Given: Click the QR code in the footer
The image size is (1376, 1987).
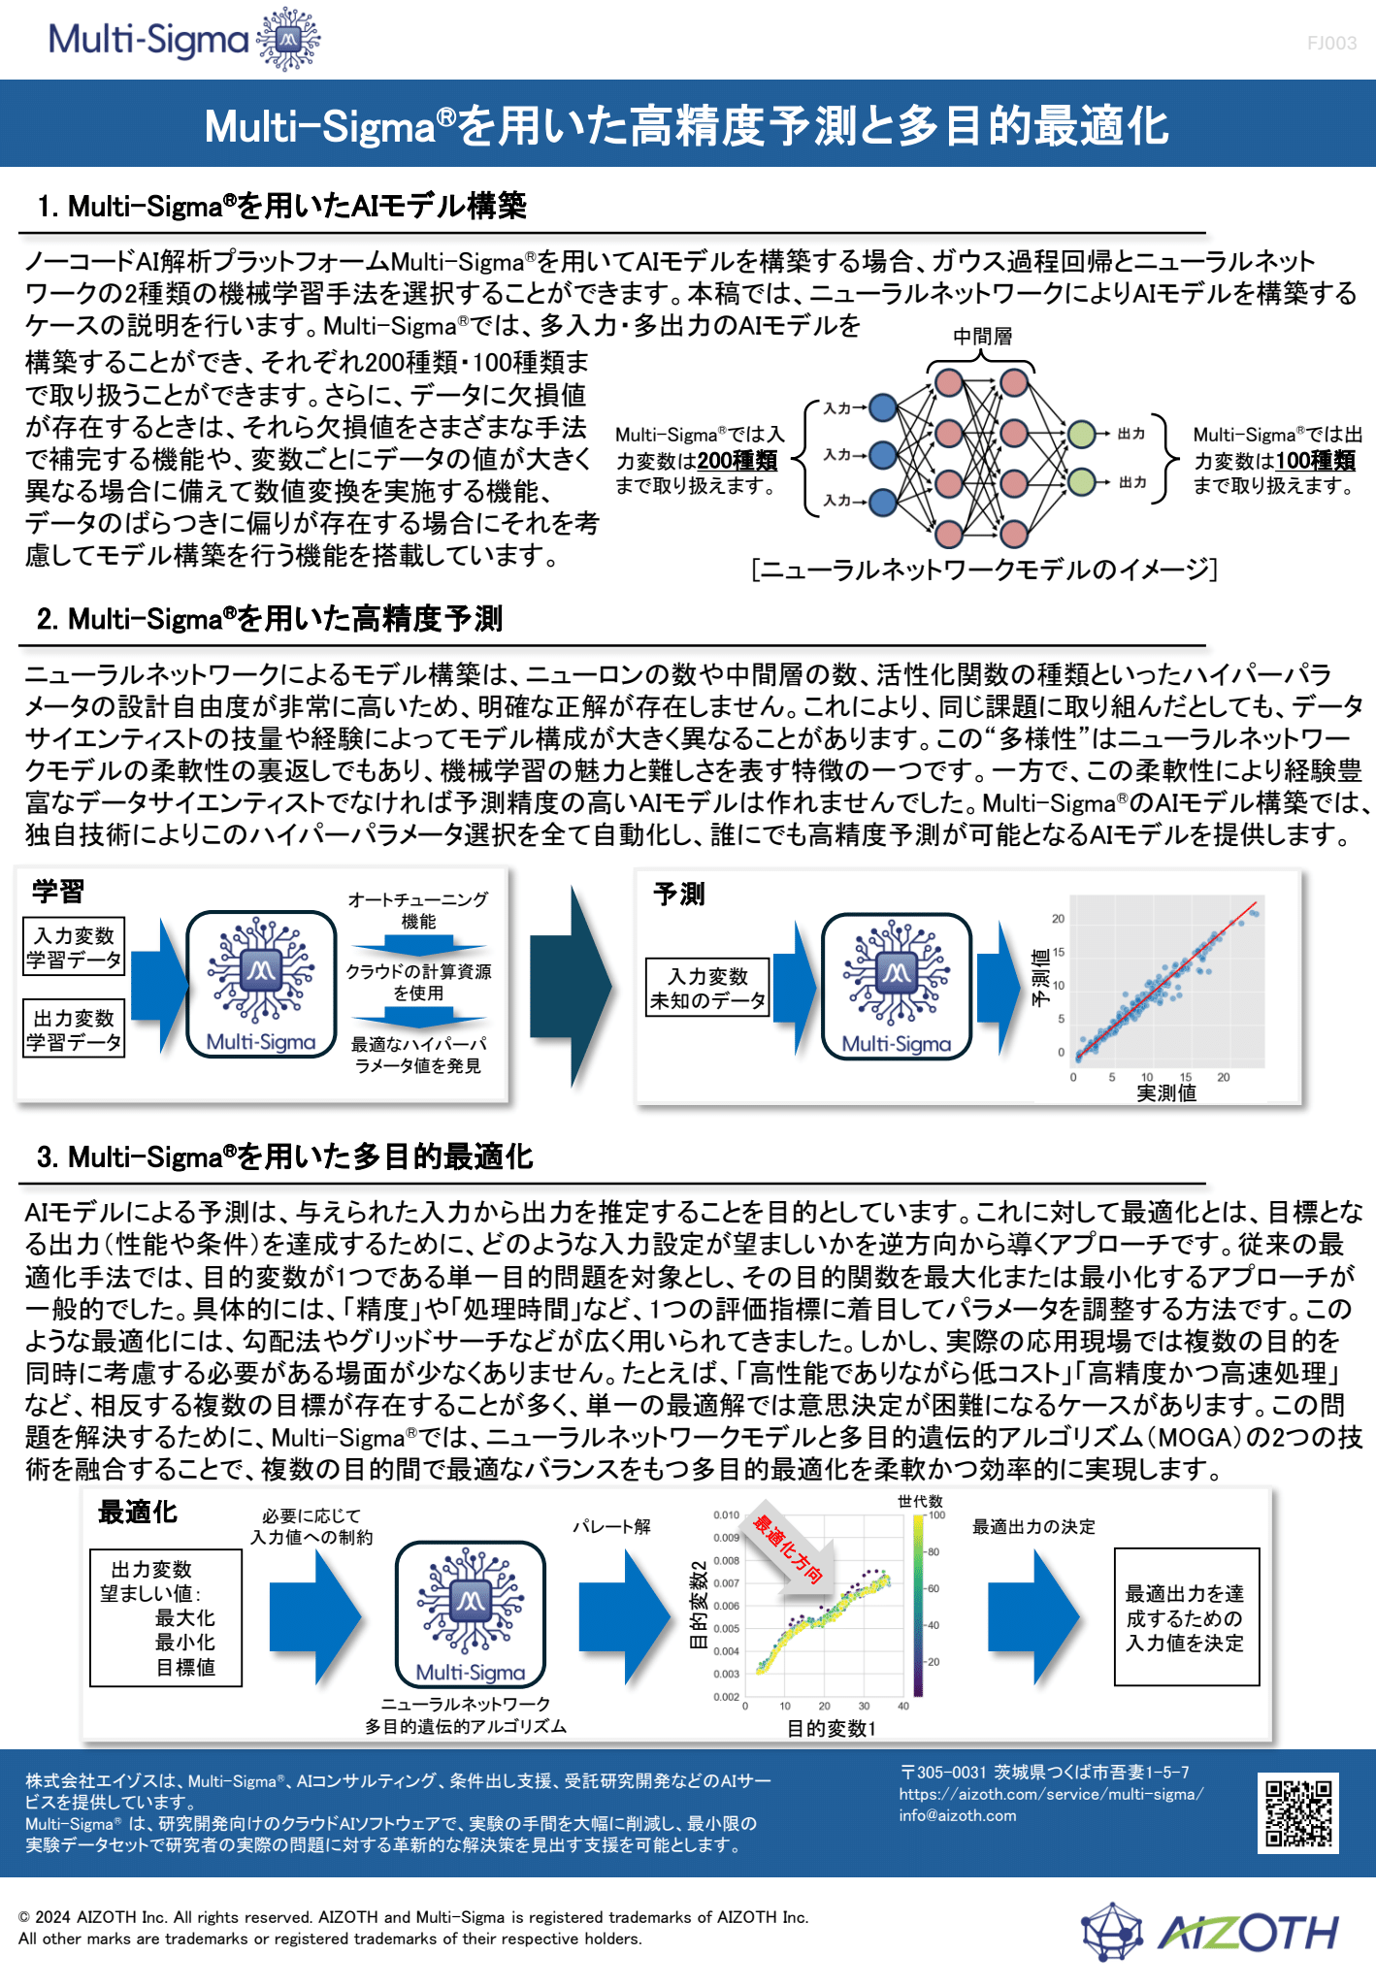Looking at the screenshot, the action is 1299,1812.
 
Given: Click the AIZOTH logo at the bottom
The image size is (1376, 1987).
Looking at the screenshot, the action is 1210,1932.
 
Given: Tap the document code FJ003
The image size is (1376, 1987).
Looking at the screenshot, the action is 1331,43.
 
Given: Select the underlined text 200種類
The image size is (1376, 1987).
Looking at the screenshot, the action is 737,461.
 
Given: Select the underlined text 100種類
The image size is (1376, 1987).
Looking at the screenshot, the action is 1315,461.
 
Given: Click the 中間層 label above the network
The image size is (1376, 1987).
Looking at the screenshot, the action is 982,336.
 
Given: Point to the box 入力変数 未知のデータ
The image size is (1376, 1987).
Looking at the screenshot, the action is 708,988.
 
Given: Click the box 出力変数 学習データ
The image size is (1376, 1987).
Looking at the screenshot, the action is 74,1029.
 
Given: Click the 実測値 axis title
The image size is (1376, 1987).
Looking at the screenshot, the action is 1166,1093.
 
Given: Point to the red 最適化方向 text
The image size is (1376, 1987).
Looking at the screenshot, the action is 789,1549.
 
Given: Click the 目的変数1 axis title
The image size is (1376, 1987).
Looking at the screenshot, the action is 832,1728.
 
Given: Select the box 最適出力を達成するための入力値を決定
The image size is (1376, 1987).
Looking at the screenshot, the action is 1187,1617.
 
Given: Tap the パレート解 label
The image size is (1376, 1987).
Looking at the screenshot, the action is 611,1527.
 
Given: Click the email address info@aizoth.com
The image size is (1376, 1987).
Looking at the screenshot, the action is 958,1815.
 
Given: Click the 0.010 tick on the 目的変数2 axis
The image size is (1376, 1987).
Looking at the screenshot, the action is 726,1515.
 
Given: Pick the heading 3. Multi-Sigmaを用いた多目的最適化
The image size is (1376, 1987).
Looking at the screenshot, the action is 284,1156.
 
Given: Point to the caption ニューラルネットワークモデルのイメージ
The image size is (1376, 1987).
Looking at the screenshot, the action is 984,569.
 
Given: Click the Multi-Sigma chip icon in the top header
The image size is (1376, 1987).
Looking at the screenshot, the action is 288,40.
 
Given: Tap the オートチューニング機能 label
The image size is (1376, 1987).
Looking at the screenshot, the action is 418,910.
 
